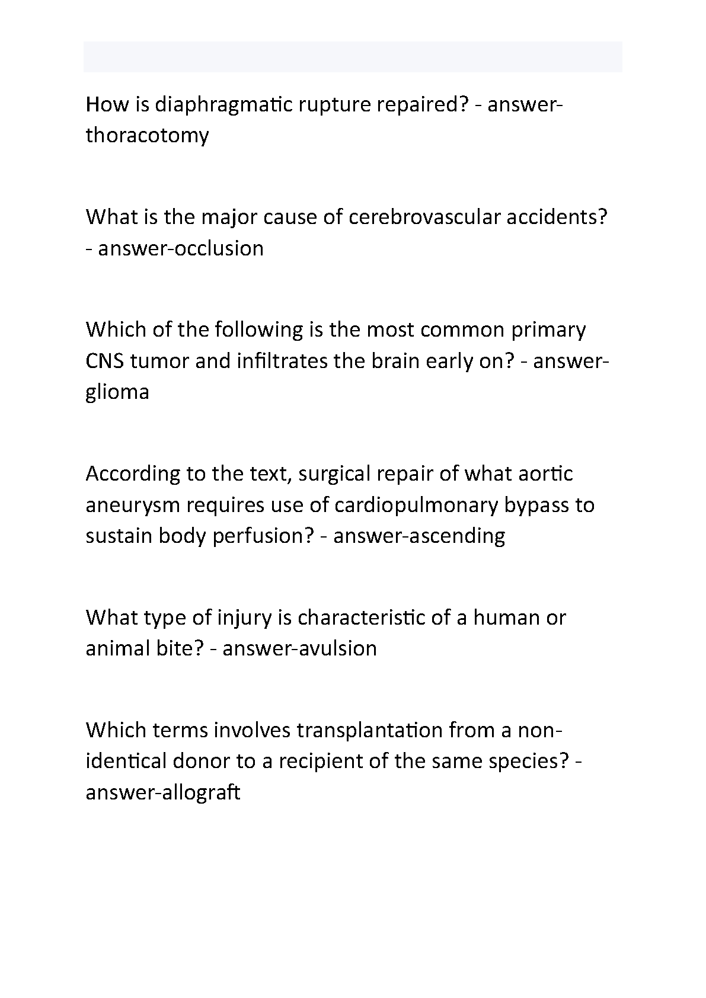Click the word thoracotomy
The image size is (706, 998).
[147, 136]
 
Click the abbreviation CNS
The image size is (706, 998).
[105, 361]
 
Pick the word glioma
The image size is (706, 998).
[117, 392]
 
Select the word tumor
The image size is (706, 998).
[159, 361]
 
